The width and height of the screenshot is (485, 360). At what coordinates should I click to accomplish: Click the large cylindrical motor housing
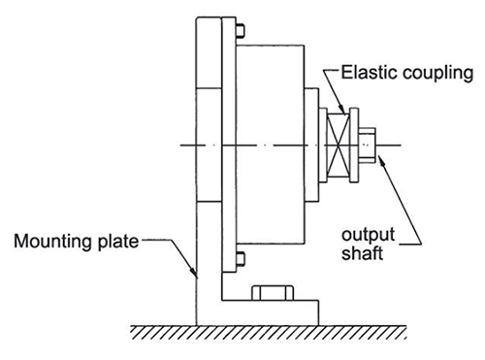tap(272, 146)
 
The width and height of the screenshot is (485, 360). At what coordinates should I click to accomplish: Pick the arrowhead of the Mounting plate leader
tap(194, 275)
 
